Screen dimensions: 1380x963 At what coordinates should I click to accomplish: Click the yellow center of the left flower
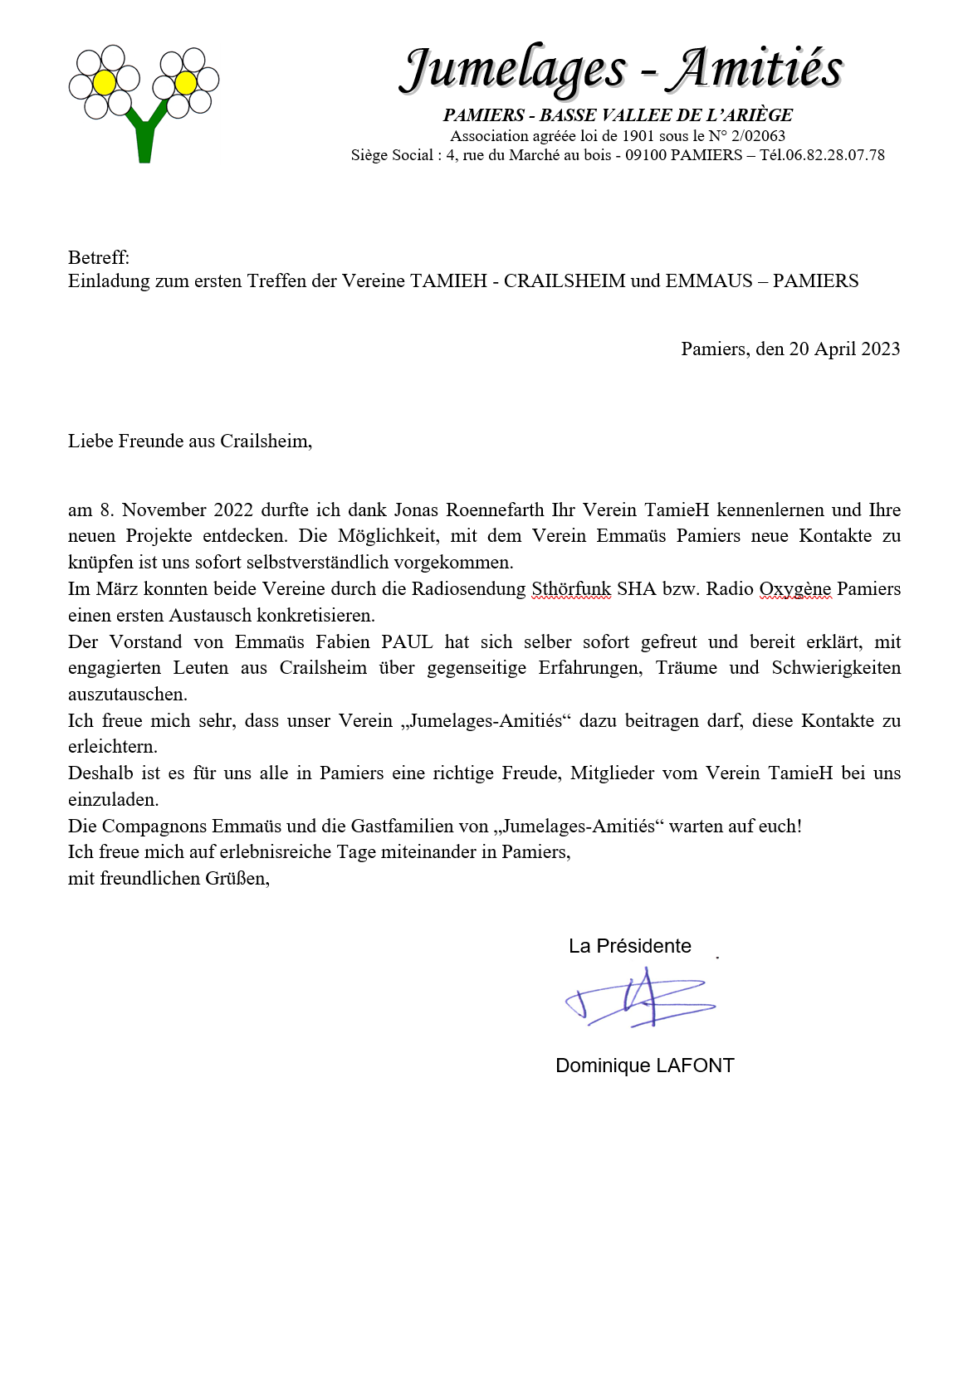pyautogui.click(x=104, y=82)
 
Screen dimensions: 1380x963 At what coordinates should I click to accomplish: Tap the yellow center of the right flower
pyautogui.click(x=186, y=82)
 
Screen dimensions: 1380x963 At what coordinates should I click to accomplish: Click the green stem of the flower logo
pyautogui.click(x=144, y=141)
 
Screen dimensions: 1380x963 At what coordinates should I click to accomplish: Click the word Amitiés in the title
pyautogui.click(x=758, y=67)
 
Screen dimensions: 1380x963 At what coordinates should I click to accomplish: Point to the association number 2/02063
pyautogui.click(x=758, y=135)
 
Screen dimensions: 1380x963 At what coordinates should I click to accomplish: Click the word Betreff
pyautogui.click(x=98, y=257)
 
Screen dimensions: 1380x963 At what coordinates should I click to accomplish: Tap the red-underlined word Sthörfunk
pyautogui.click(x=571, y=589)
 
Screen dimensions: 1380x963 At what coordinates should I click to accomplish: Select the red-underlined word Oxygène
pyautogui.click(x=794, y=589)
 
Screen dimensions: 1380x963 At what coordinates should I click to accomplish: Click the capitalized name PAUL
pyautogui.click(x=407, y=641)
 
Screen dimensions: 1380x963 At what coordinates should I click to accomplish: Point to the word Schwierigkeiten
pyautogui.click(x=835, y=668)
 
